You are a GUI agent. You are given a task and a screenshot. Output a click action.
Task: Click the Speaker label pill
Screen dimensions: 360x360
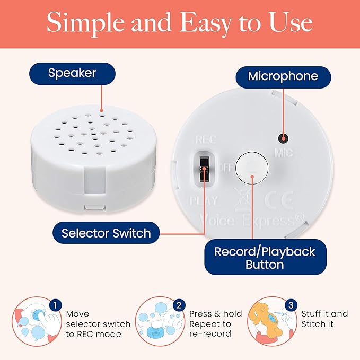(72, 74)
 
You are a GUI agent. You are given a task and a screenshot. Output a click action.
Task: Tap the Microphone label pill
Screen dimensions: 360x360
(283, 77)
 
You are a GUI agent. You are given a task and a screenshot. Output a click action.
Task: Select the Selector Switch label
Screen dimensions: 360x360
(106, 233)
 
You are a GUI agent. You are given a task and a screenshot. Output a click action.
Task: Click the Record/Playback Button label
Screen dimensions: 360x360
(265, 257)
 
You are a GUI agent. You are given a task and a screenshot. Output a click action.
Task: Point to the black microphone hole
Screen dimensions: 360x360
(283, 138)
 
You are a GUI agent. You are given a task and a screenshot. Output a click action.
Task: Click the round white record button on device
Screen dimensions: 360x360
(252, 168)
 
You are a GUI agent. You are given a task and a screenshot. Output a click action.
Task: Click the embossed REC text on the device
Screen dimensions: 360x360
(206, 139)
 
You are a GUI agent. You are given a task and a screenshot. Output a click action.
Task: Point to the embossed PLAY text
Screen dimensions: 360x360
(204, 200)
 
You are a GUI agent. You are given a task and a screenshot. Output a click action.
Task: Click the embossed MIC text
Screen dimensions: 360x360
(284, 153)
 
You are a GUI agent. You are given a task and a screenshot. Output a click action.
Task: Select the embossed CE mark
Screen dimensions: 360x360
(279, 200)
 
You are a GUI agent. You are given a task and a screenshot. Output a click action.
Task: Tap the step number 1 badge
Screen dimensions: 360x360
(55, 305)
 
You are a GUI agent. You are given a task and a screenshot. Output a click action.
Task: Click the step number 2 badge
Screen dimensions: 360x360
(179, 305)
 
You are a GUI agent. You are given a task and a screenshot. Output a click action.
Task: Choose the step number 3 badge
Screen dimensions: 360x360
(291, 305)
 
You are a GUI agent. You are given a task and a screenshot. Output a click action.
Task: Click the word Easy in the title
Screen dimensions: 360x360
(205, 23)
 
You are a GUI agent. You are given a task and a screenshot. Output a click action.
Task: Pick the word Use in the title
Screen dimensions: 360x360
(291, 22)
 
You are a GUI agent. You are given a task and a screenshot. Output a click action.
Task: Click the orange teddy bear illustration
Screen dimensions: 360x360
(266, 321)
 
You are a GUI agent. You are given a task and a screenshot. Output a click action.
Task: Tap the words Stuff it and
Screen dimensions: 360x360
(324, 314)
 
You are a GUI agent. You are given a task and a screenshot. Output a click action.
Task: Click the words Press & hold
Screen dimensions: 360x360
(216, 314)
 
